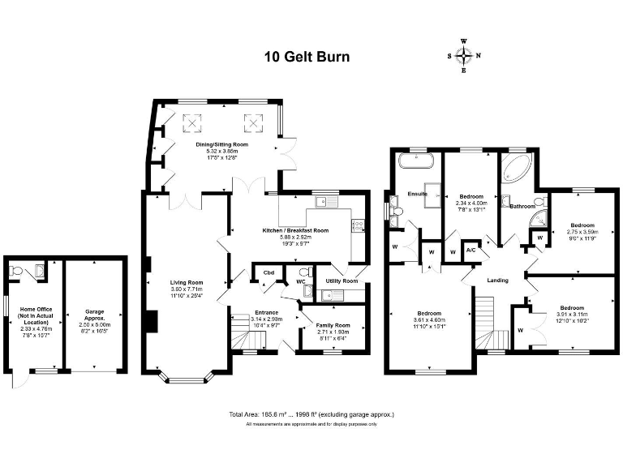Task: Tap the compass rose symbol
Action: [464, 55]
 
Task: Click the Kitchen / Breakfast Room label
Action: [295, 230]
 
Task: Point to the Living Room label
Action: [187, 282]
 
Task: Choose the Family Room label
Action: [333, 325]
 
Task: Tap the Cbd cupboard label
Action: [268, 273]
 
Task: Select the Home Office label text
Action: [34, 316]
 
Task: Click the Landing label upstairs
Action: [497, 281]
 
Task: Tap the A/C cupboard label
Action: [471, 251]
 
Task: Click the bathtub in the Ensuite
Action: [416, 161]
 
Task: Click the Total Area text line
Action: [311, 414]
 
